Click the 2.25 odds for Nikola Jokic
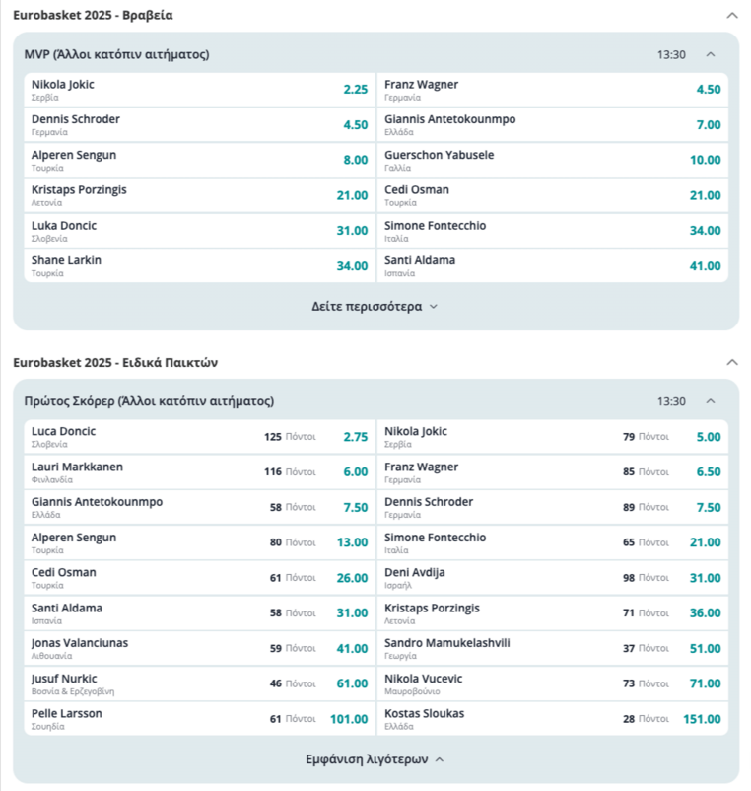355,89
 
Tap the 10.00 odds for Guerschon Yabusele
705,160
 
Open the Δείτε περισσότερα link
375,306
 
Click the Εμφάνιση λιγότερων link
375,759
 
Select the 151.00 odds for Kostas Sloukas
702,719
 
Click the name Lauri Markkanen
77,467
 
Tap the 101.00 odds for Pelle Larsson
349,719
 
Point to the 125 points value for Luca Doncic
273,436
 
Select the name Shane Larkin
66,260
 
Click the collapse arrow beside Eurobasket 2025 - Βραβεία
731,16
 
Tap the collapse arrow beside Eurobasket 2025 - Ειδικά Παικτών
731,363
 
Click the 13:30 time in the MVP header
671,54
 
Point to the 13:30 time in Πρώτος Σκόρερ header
671,401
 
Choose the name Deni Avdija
415,572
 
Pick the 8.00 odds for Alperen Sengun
355,160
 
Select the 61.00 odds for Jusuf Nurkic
352,683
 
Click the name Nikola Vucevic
423,679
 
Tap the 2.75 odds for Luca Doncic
355,436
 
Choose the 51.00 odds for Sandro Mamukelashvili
705,648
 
